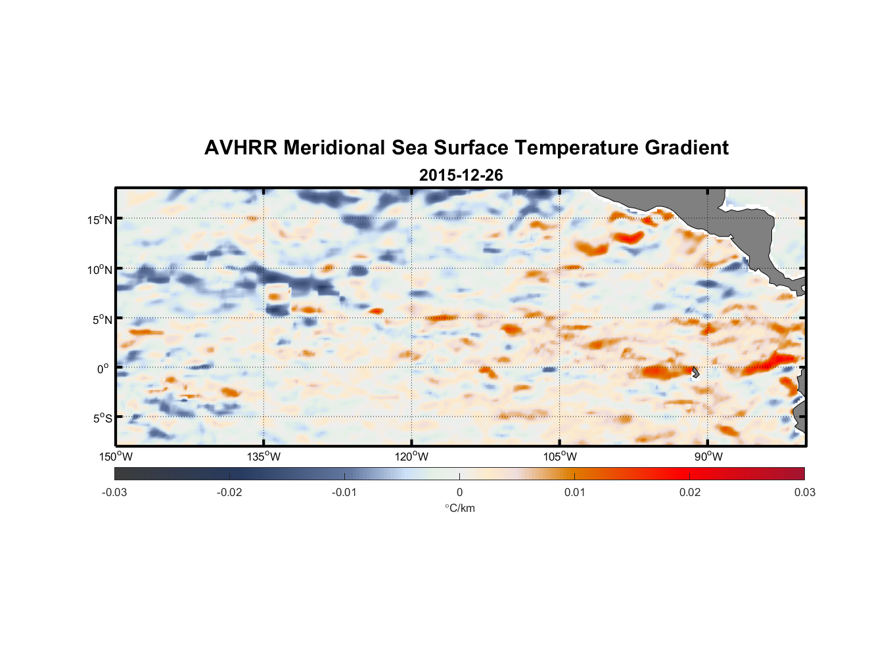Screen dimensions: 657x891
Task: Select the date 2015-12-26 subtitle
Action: pos(461,175)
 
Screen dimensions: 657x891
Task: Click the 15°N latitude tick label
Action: pos(100,219)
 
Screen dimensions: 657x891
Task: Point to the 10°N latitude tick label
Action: pos(100,269)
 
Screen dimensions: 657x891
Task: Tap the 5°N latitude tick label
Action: pos(103,319)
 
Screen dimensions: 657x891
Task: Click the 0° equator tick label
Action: pos(103,369)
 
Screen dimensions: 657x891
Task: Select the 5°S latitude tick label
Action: pos(103,419)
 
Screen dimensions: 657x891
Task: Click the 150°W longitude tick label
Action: pos(116,457)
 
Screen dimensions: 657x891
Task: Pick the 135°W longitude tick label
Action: pos(263,457)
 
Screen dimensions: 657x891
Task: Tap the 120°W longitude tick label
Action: pos(412,457)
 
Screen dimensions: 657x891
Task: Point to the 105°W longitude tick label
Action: pos(560,457)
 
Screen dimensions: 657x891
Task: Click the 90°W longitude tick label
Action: pos(708,457)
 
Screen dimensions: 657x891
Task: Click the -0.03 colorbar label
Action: pos(114,493)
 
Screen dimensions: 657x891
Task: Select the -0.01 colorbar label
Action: pos(344,493)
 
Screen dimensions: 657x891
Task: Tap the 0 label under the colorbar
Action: pos(459,493)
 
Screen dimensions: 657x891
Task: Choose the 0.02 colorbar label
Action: pos(690,493)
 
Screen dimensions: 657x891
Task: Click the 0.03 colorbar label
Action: pos(804,493)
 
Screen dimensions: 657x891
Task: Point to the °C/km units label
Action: pos(460,508)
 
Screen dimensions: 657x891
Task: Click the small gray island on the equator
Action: pos(695,372)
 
